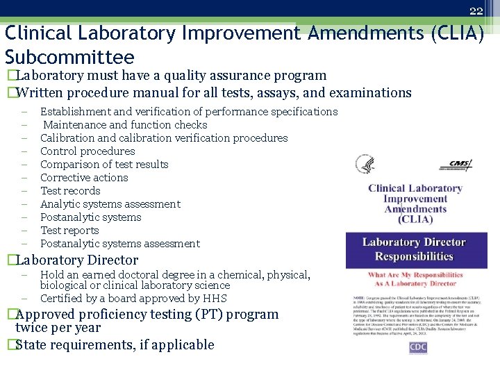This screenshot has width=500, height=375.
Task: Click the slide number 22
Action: click(476, 10)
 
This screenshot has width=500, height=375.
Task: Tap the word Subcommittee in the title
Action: click(69, 56)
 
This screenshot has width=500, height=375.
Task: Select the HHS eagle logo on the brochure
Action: click(364, 165)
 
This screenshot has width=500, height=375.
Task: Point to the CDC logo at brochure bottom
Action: click(417, 348)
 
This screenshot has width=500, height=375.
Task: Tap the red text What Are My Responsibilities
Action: click(415, 275)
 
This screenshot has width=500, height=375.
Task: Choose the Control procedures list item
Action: click(87, 151)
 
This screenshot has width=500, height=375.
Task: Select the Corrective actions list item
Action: click(84, 178)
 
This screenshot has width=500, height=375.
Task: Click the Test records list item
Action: click(70, 191)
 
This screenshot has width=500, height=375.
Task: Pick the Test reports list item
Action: click(69, 231)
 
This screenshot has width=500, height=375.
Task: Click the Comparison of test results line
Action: click(104, 165)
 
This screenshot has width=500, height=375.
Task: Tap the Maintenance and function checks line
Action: click(125, 125)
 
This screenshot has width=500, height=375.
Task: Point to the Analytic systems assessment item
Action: click(110, 204)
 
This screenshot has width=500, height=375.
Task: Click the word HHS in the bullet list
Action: click(215, 299)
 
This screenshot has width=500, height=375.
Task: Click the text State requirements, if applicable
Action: click(115, 345)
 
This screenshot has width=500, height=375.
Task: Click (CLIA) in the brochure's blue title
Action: click(415, 219)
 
